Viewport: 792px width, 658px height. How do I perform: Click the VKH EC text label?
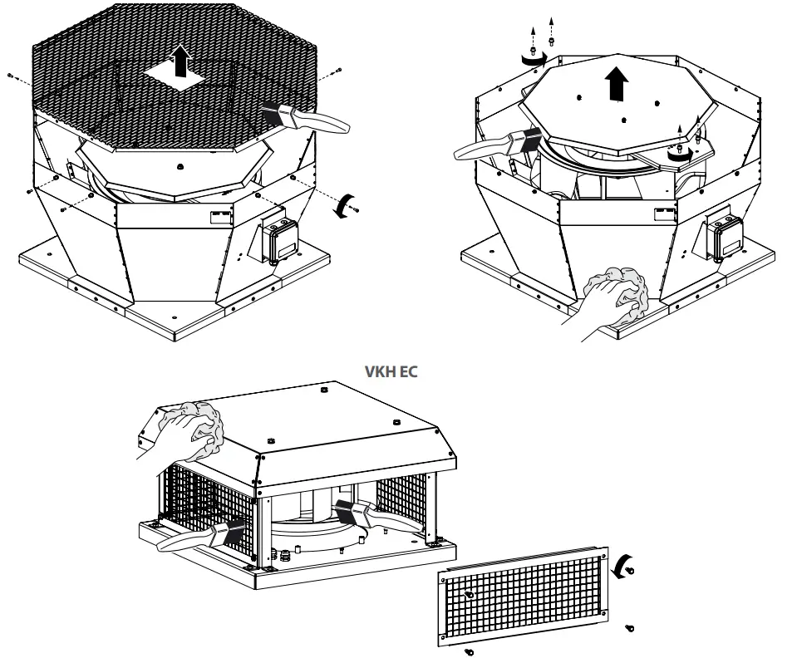click(x=391, y=371)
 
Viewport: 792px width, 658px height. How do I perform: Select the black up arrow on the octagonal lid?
click(x=616, y=84)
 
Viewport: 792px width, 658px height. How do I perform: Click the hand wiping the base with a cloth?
click(x=611, y=299)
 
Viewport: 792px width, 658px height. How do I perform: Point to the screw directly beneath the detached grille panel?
click(x=469, y=650)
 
